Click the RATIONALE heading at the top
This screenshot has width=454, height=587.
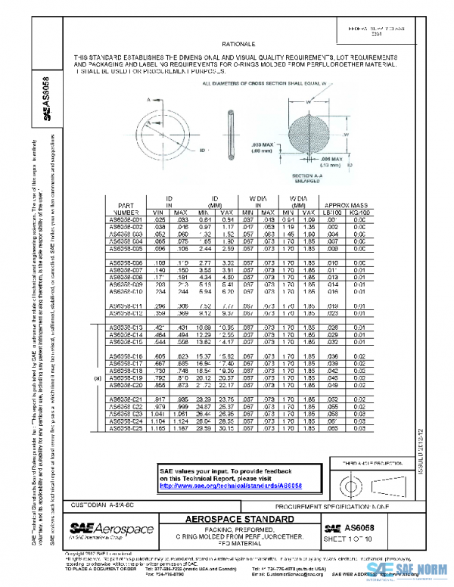[243, 45]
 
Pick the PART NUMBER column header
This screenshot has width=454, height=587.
[126, 209]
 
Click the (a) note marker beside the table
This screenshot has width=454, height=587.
[97, 377]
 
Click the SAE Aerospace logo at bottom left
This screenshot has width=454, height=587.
[110, 530]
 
